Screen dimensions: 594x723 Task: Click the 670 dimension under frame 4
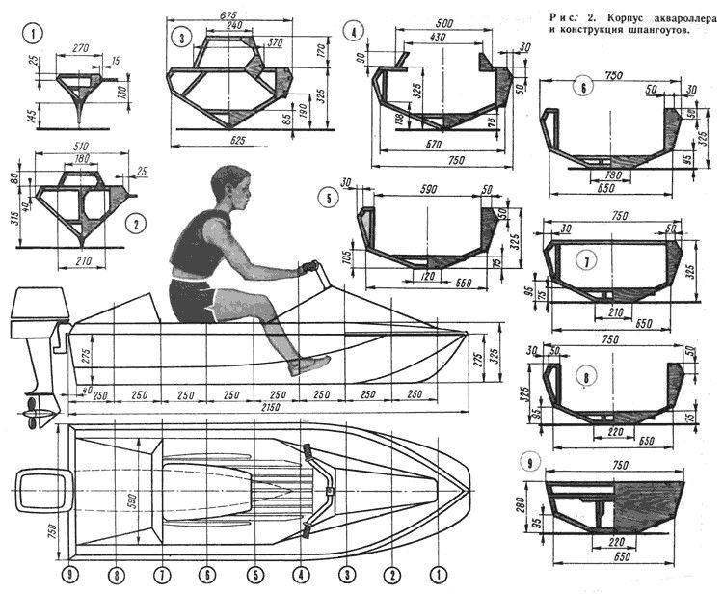point(434,146)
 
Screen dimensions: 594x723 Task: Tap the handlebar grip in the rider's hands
point(310,267)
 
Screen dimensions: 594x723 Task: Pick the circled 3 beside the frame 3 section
point(180,39)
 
